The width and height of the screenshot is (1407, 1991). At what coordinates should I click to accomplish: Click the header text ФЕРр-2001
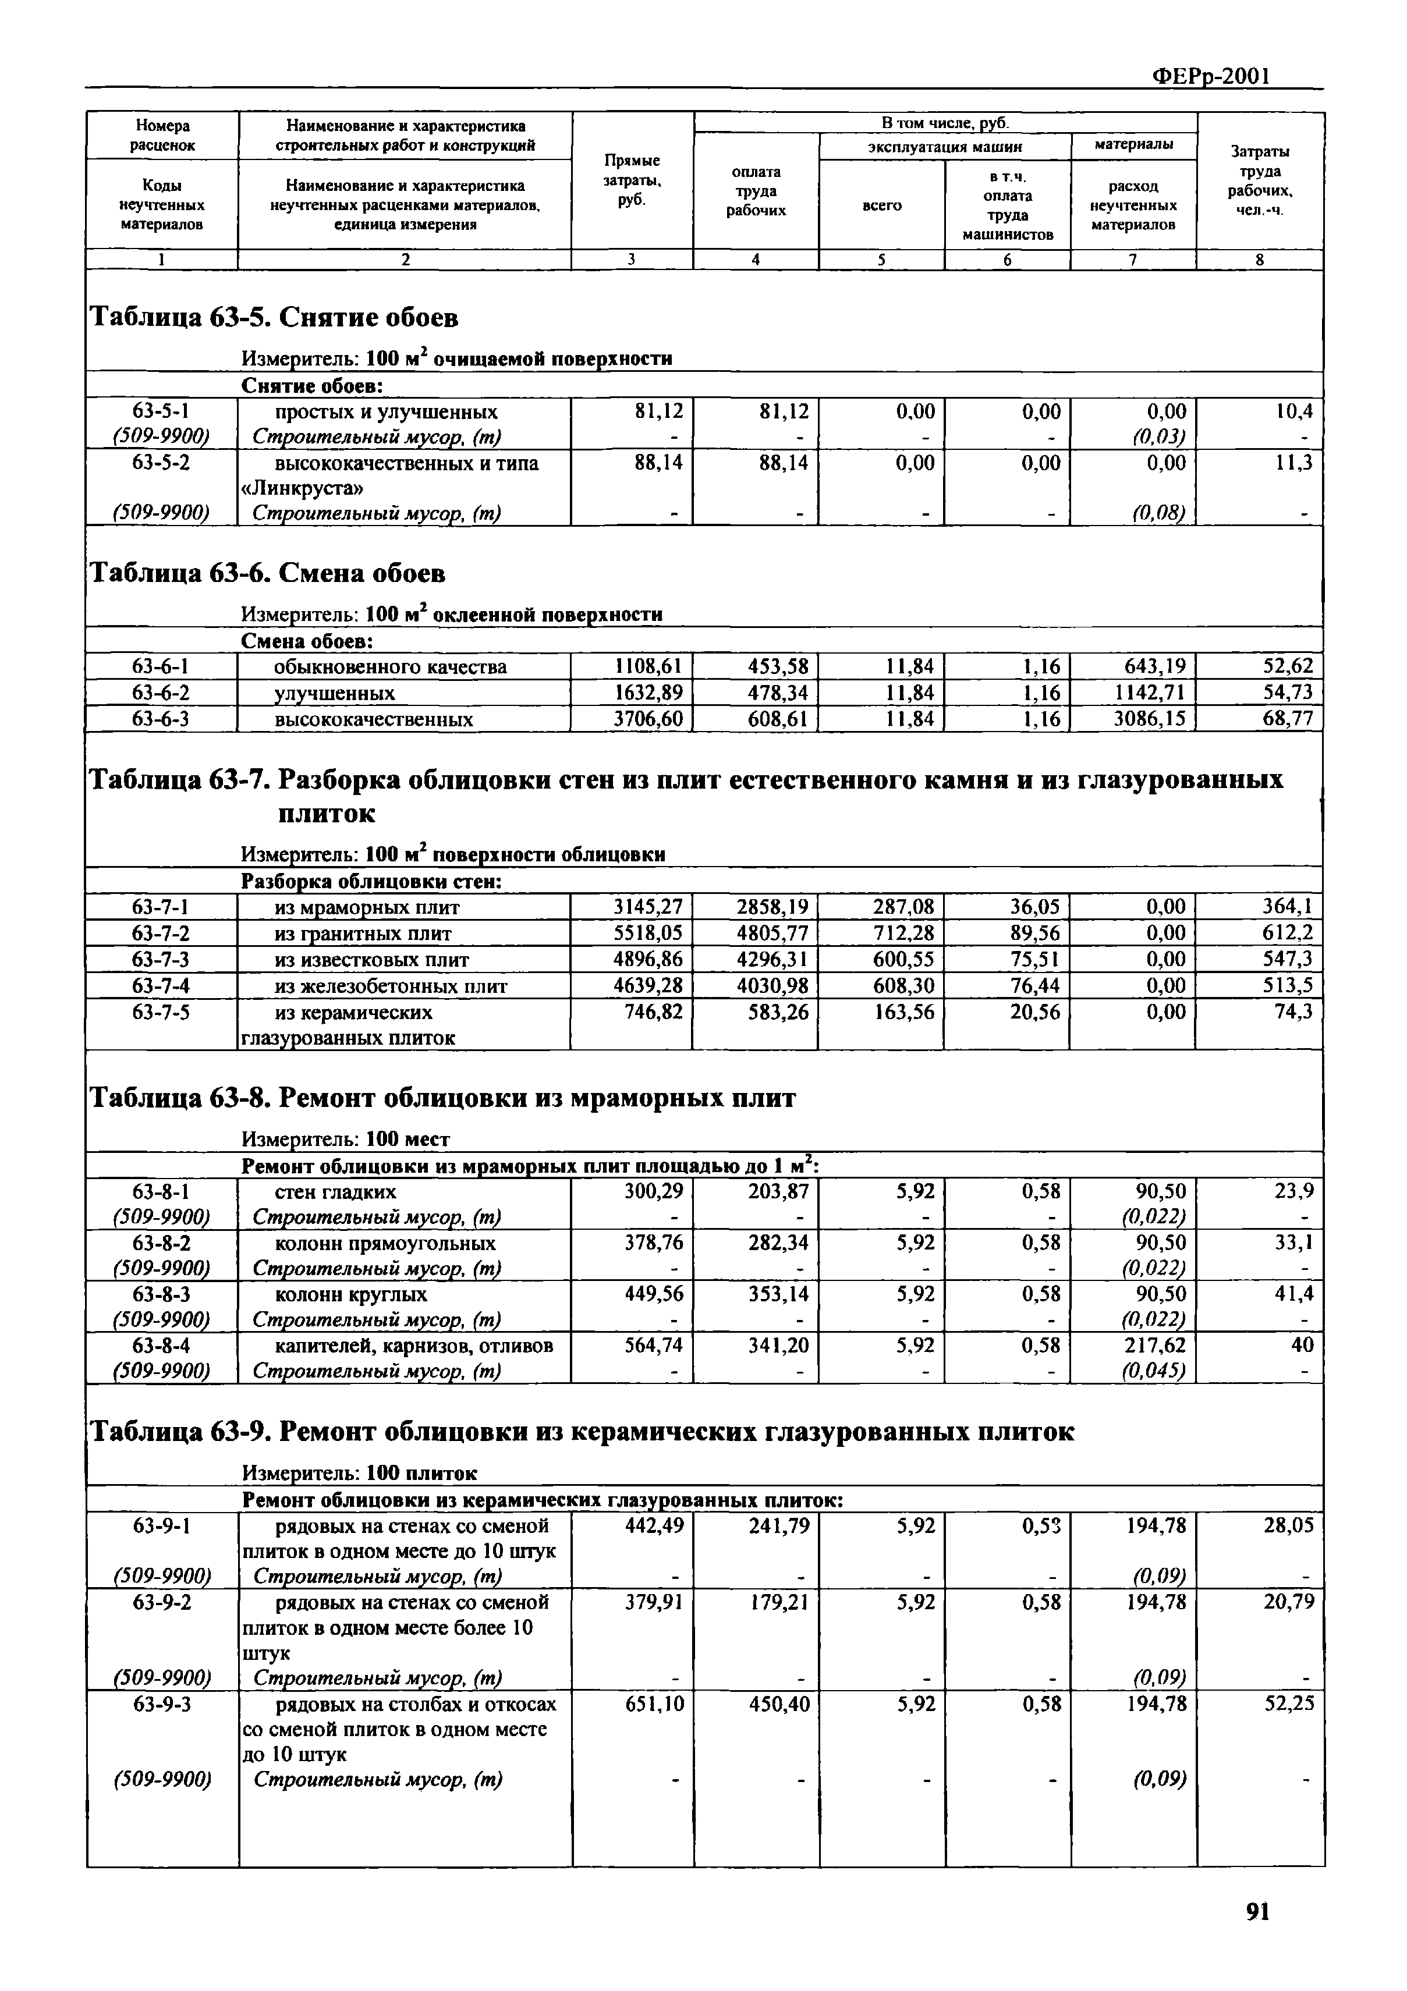[x=1210, y=76]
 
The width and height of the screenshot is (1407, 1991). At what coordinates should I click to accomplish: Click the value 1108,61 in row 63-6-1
[x=647, y=667]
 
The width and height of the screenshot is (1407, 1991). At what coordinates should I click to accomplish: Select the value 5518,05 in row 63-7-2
[x=647, y=933]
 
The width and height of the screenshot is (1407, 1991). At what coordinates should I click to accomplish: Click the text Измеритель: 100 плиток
[x=358, y=1473]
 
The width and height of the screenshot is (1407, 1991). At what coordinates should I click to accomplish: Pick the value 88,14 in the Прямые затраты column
[x=658, y=463]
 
